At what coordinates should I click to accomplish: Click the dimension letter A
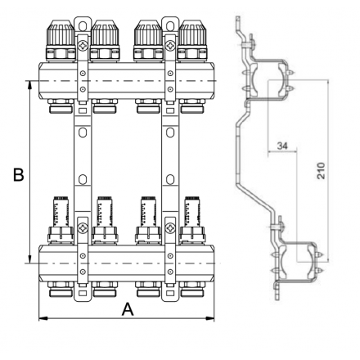pos(127,309)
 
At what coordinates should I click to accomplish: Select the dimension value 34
pos(282,146)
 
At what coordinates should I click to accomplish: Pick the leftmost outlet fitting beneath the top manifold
pos(60,106)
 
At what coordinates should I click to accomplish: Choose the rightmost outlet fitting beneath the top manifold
pos(193,106)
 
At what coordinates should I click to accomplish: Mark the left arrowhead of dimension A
pos(42,318)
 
